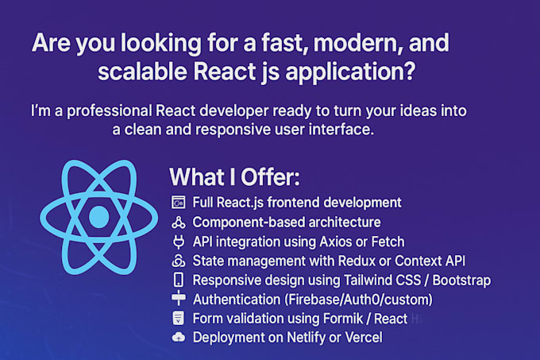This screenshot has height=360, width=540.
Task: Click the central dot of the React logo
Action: pos(98,216)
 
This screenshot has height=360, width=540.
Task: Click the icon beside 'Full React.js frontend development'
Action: pos(178,203)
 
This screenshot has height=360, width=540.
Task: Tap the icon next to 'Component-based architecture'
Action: pos(178,223)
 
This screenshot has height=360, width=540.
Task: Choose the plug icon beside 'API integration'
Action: pos(178,242)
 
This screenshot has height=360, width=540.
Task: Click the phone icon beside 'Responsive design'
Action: pos(178,280)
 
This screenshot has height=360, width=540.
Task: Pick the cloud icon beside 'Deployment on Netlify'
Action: pos(178,338)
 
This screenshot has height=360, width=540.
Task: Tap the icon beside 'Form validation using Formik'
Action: pos(178,319)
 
